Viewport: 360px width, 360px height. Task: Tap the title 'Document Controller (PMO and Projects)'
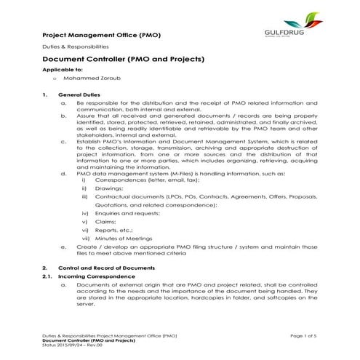pos(123,60)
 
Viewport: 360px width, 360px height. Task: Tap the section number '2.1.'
pos(48,278)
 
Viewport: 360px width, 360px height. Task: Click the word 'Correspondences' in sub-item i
pos(119,180)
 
